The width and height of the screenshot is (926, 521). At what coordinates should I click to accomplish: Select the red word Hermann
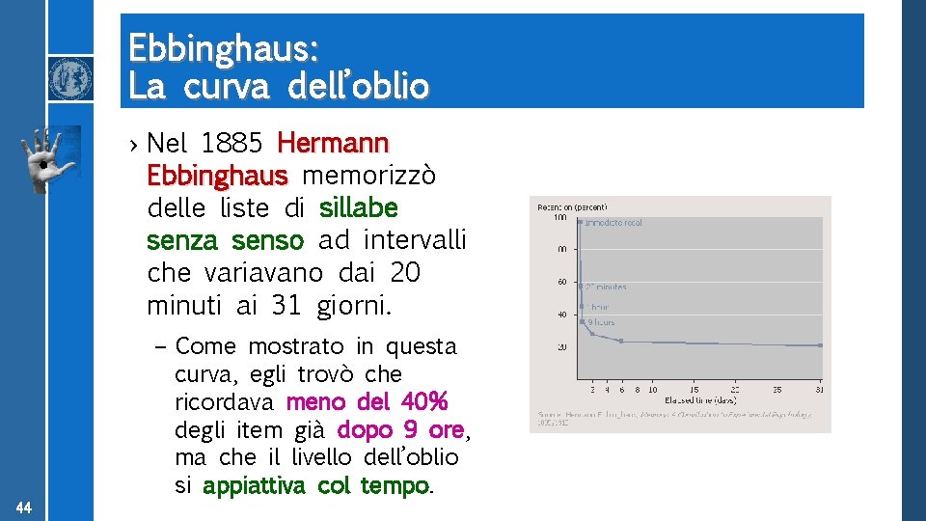tap(333, 144)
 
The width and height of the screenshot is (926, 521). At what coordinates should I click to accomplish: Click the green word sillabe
tap(358, 207)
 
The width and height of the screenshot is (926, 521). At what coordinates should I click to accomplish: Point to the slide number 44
tap(24, 507)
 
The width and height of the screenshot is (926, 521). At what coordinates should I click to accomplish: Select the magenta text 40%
tap(423, 400)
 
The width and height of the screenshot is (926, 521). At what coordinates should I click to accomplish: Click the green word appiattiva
tap(257, 485)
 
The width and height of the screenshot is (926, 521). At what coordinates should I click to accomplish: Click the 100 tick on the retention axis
tap(559, 218)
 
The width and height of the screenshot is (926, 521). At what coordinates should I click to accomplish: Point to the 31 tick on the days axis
tap(820, 390)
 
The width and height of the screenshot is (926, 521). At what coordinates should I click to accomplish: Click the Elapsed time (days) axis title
tap(699, 399)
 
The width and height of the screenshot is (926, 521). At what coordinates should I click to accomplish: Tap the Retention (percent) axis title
tap(573, 206)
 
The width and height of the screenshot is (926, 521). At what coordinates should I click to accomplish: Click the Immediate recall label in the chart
tap(613, 223)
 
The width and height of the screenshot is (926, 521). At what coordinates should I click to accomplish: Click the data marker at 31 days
tap(820, 344)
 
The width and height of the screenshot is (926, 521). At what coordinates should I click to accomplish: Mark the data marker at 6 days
tap(621, 341)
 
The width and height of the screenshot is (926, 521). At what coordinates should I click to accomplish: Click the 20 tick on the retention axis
tap(560, 346)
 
